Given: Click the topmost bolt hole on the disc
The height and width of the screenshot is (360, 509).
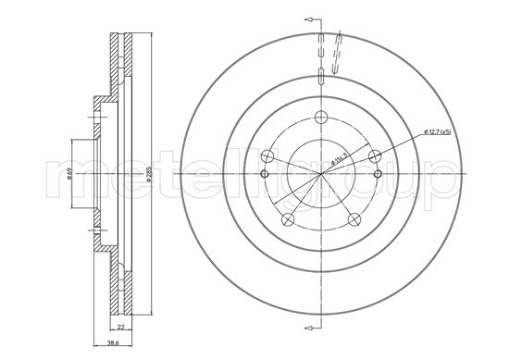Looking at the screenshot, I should tap(320, 118).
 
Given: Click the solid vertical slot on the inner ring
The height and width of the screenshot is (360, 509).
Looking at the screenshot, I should tap(320, 74).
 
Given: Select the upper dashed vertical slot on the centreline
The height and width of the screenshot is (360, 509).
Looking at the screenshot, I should tap(320, 45).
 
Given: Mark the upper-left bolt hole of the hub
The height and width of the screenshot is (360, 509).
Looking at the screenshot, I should tap(267, 155).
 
